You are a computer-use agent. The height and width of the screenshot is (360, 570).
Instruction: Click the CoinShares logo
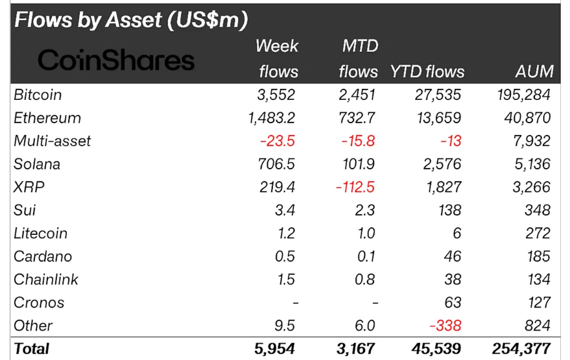[x=117, y=60]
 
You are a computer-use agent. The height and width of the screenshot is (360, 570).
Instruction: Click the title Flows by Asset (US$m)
[x=131, y=20]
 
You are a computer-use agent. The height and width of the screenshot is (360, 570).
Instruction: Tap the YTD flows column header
[x=427, y=71]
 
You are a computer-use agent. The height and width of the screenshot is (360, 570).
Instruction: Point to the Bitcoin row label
[x=38, y=95]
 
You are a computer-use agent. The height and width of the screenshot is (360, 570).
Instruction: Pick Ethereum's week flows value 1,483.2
[x=272, y=118]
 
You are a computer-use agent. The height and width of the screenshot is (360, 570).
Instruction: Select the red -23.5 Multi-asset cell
[x=279, y=141]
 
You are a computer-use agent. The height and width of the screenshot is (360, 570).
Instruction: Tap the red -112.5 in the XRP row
[x=355, y=187]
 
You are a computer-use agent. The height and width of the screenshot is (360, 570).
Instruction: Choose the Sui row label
[x=25, y=210]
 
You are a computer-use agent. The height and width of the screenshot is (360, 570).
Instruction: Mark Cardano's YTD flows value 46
[x=451, y=256]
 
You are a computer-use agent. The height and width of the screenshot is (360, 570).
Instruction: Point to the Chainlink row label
[x=46, y=280]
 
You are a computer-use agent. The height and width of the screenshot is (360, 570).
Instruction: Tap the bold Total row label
[x=32, y=348]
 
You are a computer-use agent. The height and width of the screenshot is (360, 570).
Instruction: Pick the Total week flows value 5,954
[x=275, y=349]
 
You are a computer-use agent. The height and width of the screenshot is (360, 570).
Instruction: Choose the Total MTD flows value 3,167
[x=355, y=349]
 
